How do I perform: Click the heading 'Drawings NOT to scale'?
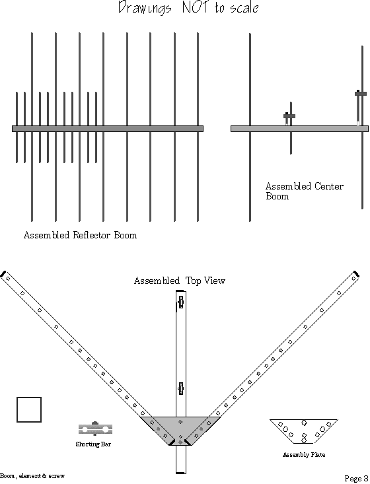point(188,9)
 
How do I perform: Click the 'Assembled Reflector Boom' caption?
point(80,235)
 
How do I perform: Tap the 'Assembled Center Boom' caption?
point(304,191)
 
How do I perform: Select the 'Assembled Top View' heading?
point(180,281)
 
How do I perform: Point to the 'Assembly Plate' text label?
point(303,455)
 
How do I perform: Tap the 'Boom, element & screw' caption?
point(32,475)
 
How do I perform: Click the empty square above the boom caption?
point(29,409)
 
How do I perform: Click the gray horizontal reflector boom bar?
point(108,129)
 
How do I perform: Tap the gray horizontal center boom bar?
point(299,129)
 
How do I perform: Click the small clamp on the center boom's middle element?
point(289,116)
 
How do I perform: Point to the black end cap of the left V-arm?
point(3,273)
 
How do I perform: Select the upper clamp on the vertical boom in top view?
point(180,303)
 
